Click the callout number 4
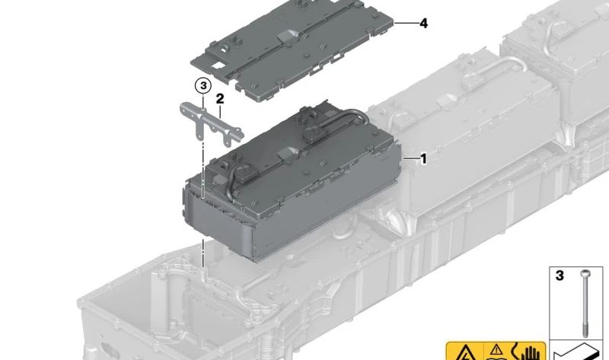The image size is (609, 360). pos(423,24)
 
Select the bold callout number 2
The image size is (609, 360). pos(219,98)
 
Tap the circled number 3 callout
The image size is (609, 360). pos(202,86)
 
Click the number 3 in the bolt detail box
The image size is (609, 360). pos(560,275)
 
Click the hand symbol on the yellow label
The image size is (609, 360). pos(527,353)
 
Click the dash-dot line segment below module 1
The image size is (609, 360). pos(203,254)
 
